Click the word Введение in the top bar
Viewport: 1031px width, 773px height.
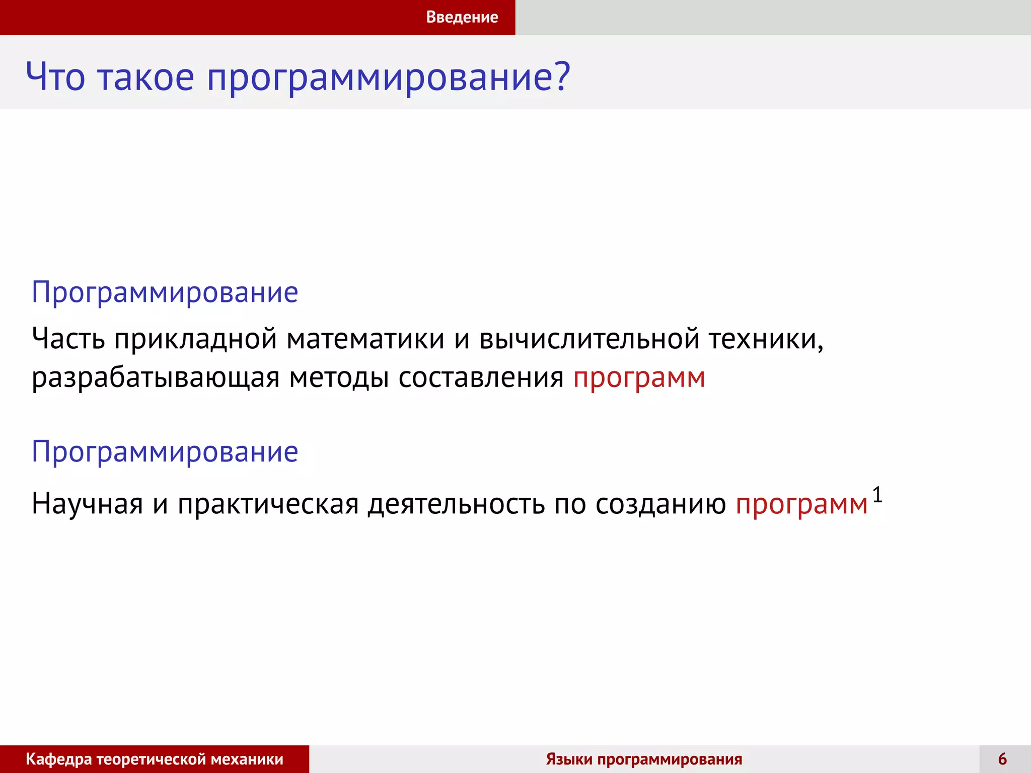(462, 17)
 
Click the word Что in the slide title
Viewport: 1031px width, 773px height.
(55, 77)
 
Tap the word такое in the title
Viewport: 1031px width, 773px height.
(146, 77)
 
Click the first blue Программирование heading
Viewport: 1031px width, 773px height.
(165, 292)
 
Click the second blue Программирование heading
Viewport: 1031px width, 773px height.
(165, 451)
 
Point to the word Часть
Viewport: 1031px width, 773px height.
(68, 338)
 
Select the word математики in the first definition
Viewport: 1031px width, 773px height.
(365, 338)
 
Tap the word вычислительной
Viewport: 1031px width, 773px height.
(589, 338)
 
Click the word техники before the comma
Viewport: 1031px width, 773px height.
(762, 338)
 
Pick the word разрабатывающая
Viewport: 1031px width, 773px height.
(155, 378)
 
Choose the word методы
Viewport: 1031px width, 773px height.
(339, 377)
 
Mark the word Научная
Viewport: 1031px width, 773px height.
(87, 503)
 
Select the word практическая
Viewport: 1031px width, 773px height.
(268, 503)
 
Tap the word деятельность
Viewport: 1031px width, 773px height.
(456, 503)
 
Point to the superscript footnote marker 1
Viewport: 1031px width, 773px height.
(877, 495)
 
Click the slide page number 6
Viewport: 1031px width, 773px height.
(1002, 759)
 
